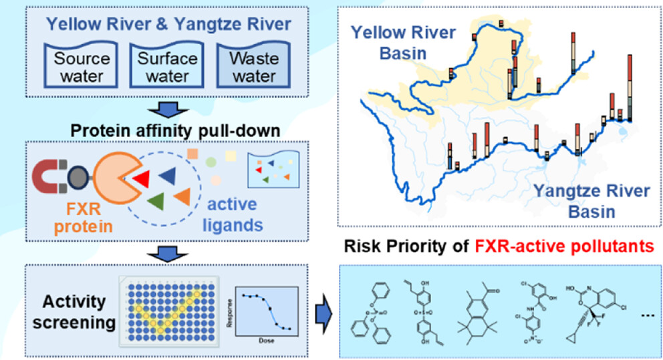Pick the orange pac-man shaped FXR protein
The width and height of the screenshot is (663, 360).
114,178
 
